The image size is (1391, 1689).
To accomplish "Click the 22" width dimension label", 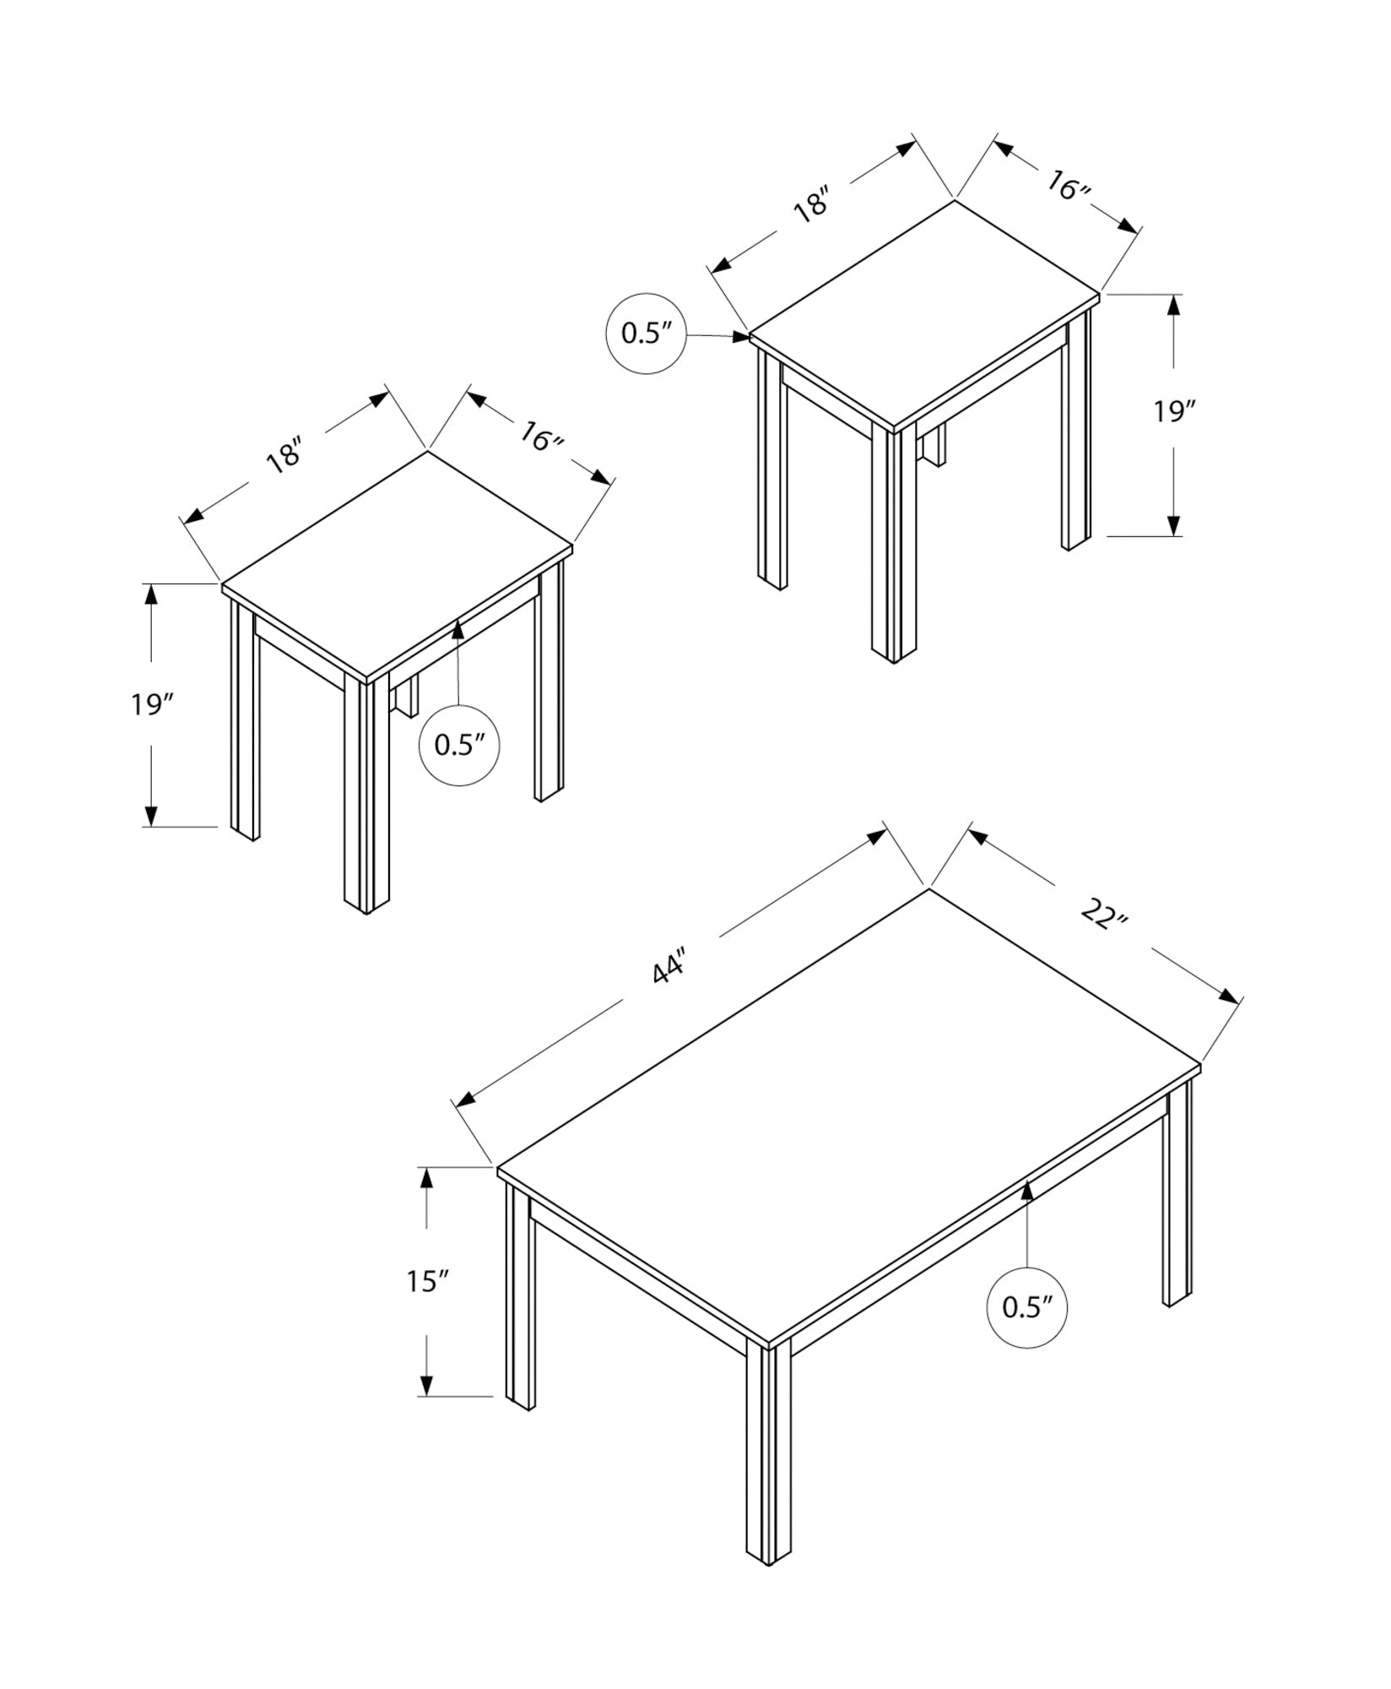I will point(1103,914).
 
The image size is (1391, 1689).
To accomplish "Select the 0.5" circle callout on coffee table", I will point(1026,1331).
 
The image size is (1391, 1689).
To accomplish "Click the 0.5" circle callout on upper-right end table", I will point(646,334).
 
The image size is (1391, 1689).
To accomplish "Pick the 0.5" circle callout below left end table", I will point(459,745).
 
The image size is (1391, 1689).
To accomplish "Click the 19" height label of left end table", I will point(151,703).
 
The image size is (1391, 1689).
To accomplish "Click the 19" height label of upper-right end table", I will point(1175,411).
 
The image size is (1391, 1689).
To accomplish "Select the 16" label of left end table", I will point(541,437).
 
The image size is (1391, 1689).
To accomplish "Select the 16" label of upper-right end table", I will point(1069,186).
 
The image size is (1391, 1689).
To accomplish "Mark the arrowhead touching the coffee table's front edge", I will point(1027,1192).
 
